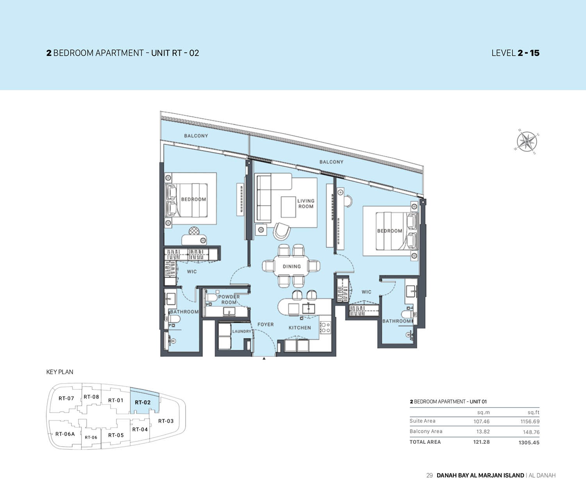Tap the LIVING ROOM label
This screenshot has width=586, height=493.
[x=306, y=204]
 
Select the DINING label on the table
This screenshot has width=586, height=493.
[x=292, y=266]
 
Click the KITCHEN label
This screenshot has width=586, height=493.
[x=300, y=328]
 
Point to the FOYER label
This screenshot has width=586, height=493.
[x=266, y=324]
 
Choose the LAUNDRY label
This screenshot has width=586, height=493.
[x=242, y=331]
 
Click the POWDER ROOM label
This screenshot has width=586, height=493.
[x=229, y=299]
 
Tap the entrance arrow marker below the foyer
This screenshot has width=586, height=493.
[x=264, y=358]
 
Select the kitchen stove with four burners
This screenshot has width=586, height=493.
[x=325, y=328]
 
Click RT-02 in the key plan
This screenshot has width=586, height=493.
[x=143, y=402]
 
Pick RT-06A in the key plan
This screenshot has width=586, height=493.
[x=65, y=434]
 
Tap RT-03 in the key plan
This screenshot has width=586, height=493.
[x=166, y=421]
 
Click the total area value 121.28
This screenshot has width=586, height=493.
[x=481, y=442]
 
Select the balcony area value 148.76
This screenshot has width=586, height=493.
[x=531, y=432]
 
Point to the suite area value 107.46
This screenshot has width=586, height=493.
[x=481, y=421]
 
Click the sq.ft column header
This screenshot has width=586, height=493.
[x=533, y=412]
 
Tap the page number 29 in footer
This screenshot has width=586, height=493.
[x=429, y=475]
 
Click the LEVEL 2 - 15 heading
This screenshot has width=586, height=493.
[x=515, y=53]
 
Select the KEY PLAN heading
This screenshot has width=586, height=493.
[x=60, y=372]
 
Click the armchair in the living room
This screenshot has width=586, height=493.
[x=281, y=231]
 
